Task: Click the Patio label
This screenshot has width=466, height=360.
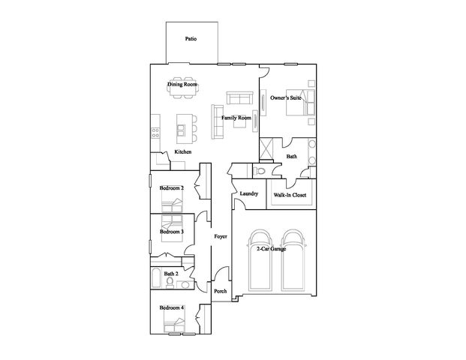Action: (191, 38)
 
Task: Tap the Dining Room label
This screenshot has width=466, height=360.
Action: (182, 84)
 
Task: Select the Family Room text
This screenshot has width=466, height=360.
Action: (236, 118)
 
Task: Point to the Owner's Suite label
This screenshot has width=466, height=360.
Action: (286, 97)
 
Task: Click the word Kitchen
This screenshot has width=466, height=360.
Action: (183, 151)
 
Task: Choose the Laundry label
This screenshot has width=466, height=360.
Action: (248, 193)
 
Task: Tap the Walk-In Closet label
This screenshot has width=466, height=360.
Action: (290, 195)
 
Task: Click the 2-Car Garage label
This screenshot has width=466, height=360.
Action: (272, 249)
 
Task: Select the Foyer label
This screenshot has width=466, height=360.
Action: (221, 236)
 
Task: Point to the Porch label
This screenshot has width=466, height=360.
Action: (221, 292)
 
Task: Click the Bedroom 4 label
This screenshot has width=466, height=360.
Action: (172, 307)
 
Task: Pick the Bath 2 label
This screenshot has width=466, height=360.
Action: (171, 274)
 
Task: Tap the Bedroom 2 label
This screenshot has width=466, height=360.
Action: (172, 188)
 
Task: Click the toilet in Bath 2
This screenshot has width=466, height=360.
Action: (170, 282)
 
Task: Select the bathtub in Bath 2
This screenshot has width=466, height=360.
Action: (156, 278)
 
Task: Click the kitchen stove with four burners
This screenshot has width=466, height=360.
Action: (155, 133)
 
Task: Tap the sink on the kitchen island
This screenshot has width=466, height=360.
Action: (181, 130)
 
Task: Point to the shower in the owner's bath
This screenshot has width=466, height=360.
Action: (266, 148)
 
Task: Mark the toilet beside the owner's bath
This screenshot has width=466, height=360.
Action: (259, 171)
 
